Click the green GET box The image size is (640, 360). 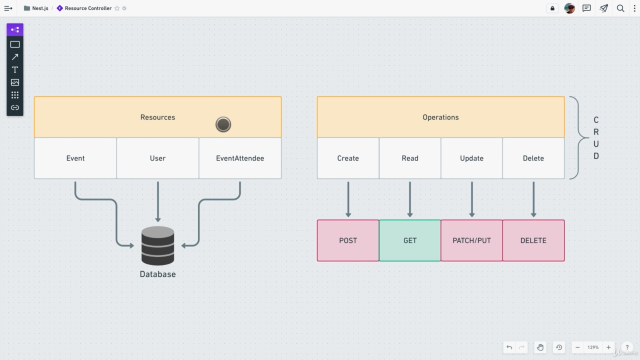[x=409, y=240]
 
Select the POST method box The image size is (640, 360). [x=348, y=240]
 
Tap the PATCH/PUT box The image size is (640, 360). [x=471, y=240]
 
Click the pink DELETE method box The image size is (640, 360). [x=533, y=240]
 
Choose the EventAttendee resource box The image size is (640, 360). [x=240, y=158]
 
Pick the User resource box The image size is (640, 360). [x=157, y=158]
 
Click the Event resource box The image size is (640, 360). [x=75, y=158]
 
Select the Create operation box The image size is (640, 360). [x=348, y=158]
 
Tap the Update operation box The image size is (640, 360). [x=471, y=158]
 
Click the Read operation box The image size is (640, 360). [x=409, y=158]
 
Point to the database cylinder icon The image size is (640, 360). [x=157, y=245]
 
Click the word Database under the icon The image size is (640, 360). [x=157, y=274]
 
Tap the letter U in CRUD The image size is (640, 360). [x=596, y=144]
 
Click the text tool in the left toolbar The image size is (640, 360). [x=15, y=69]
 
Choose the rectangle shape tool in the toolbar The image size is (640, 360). [x=15, y=44]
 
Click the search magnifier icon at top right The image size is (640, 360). [x=620, y=8]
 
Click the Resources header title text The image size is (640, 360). [x=157, y=117]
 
